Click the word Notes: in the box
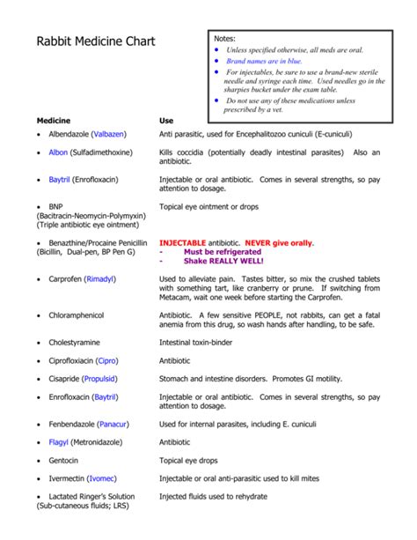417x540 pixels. click(x=225, y=38)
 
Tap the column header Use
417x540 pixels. click(x=166, y=119)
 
